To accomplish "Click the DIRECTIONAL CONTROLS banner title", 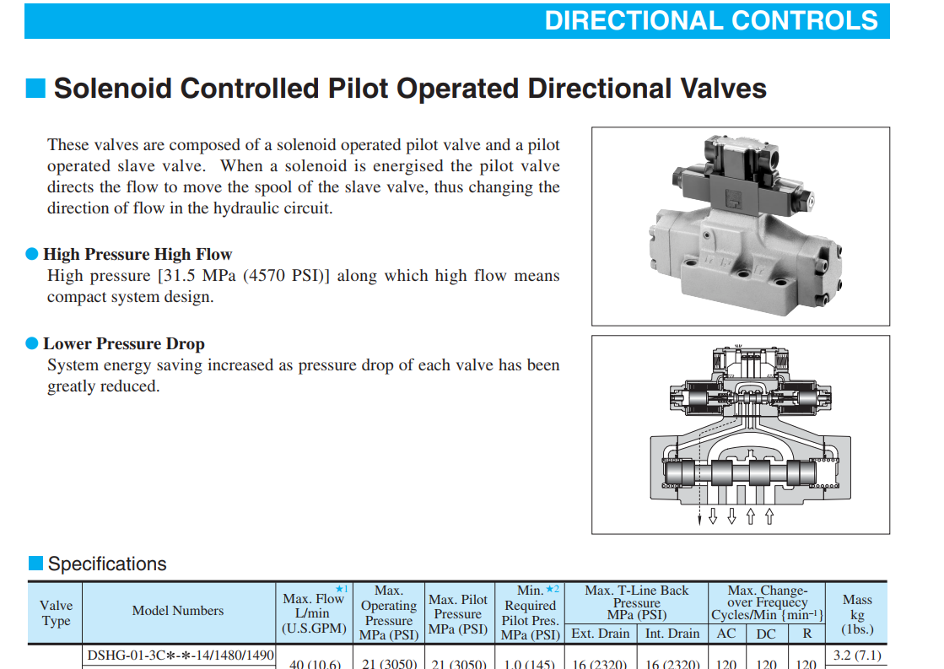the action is pos(711,20).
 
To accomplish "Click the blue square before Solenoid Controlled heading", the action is pos(35,88).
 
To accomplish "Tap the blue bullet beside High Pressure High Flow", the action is pos(32,254).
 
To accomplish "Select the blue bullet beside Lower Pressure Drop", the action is pos(32,343).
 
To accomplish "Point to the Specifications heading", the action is pos(107,564).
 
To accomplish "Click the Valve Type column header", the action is pos(56,613).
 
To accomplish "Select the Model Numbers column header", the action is pos(178,611).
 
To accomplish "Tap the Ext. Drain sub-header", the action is pos(601,634).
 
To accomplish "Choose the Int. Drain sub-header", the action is pos(672,634).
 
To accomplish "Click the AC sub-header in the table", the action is pos(726,634).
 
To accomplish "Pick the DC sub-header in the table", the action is pos(766,634).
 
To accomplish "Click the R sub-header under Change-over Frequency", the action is pos(807,634).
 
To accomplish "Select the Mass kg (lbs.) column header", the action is pos(857,614).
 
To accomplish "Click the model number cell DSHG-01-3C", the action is pos(181,656).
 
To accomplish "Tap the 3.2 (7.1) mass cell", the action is pos(857,656).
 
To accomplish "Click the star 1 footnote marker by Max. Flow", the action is pos(342,589).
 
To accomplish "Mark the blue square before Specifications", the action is pos(36,563).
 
